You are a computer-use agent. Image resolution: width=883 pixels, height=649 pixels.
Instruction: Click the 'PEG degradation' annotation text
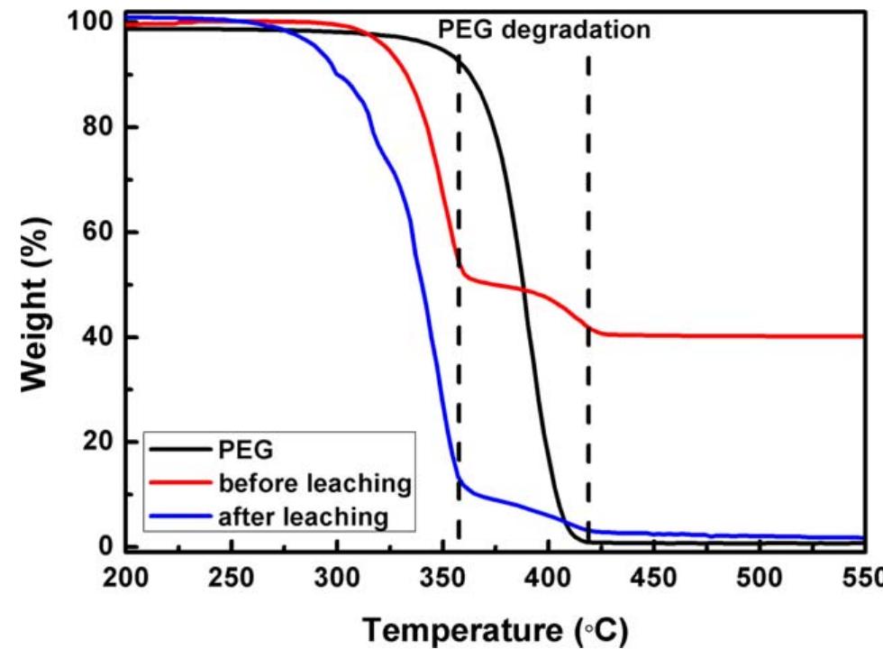(543, 30)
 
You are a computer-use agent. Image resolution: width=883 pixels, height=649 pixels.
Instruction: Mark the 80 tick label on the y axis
(97, 127)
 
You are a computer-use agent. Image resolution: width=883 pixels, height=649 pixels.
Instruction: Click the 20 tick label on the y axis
(97, 442)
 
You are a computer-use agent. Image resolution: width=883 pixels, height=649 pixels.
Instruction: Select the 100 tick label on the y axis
(90, 22)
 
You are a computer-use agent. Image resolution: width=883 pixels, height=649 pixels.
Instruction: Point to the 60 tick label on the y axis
(97, 233)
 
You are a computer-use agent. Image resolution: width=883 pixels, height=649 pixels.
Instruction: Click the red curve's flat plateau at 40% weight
(721, 335)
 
